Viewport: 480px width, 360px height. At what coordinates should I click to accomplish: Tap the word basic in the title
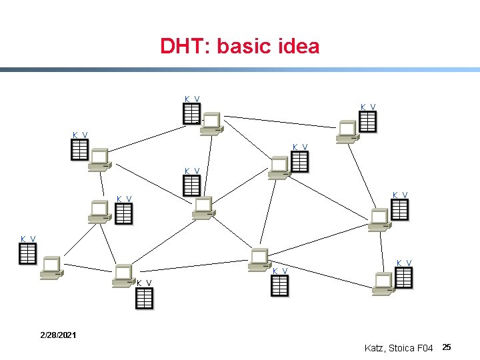[x=238, y=47]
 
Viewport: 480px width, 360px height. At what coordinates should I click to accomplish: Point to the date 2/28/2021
[x=57, y=334]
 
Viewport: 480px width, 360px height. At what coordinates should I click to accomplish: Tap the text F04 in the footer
[x=425, y=348]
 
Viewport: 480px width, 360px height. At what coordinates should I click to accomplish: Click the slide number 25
[x=447, y=347]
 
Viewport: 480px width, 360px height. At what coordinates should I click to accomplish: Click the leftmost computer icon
[x=51, y=267]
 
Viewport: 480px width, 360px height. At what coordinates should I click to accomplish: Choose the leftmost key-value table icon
[x=27, y=254]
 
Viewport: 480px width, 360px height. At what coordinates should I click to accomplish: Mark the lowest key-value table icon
[x=144, y=299]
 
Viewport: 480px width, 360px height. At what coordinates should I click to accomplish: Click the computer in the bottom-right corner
[x=383, y=283]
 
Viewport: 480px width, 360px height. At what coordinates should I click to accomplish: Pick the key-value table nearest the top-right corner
[x=367, y=121]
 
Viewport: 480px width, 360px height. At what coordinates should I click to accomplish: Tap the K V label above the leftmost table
[x=28, y=239]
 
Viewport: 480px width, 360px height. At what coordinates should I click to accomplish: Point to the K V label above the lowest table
[x=144, y=283]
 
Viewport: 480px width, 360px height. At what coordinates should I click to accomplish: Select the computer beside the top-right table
[x=347, y=131]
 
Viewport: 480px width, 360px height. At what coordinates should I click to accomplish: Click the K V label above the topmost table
[x=192, y=99]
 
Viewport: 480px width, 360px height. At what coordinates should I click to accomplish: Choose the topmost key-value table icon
[x=192, y=114]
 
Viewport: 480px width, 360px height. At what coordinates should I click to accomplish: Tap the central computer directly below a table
[x=203, y=207]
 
